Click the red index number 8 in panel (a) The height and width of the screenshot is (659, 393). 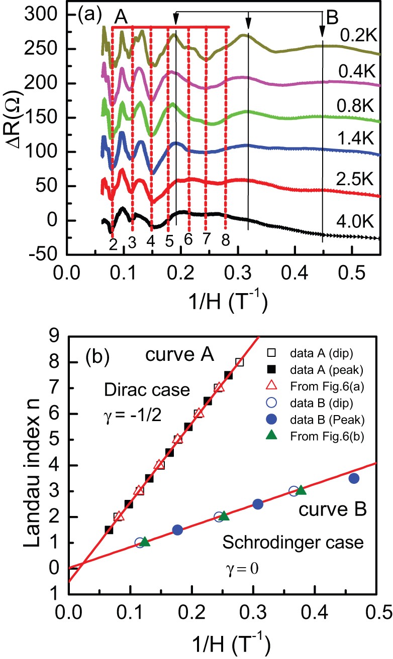click(225, 241)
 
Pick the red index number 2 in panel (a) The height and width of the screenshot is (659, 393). click(113, 244)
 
